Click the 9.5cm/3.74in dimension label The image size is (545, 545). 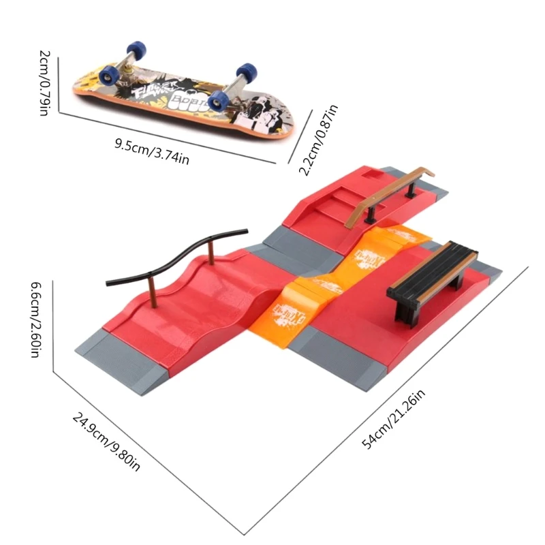click(x=151, y=149)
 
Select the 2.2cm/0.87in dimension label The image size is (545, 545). click(x=321, y=139)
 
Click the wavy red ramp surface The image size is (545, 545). click(x=204, y=300)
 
